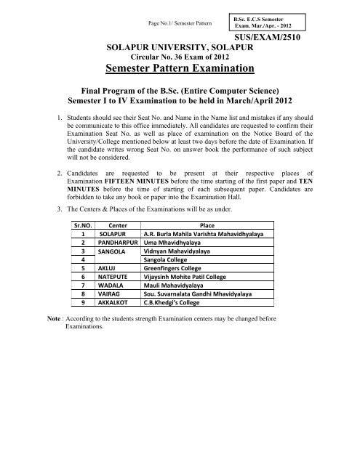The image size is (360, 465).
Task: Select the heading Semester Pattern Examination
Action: (180, 70)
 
